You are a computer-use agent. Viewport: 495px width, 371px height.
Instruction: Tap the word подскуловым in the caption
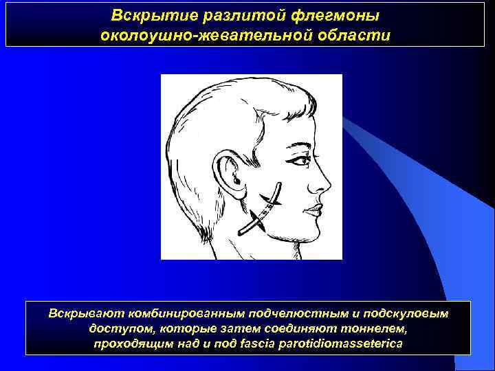click(x=406, y=313)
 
